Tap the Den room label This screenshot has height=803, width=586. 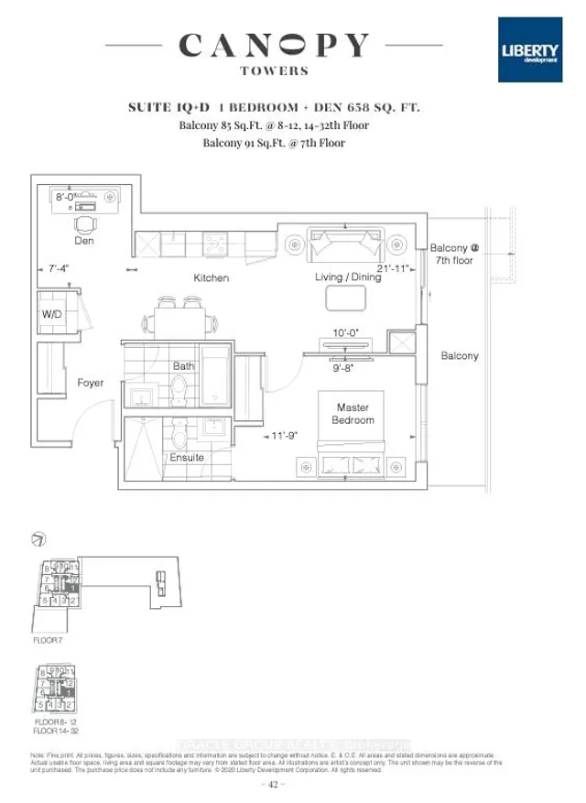coord(85,242)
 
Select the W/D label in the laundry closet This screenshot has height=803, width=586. coord(51,314)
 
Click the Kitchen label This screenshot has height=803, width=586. coord(211,277)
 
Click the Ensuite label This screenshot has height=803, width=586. coord(186,457)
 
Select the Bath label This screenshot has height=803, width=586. coord(184,366)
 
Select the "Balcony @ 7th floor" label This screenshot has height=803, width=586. coord(455,254)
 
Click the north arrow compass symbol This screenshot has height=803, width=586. coord(38,538)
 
